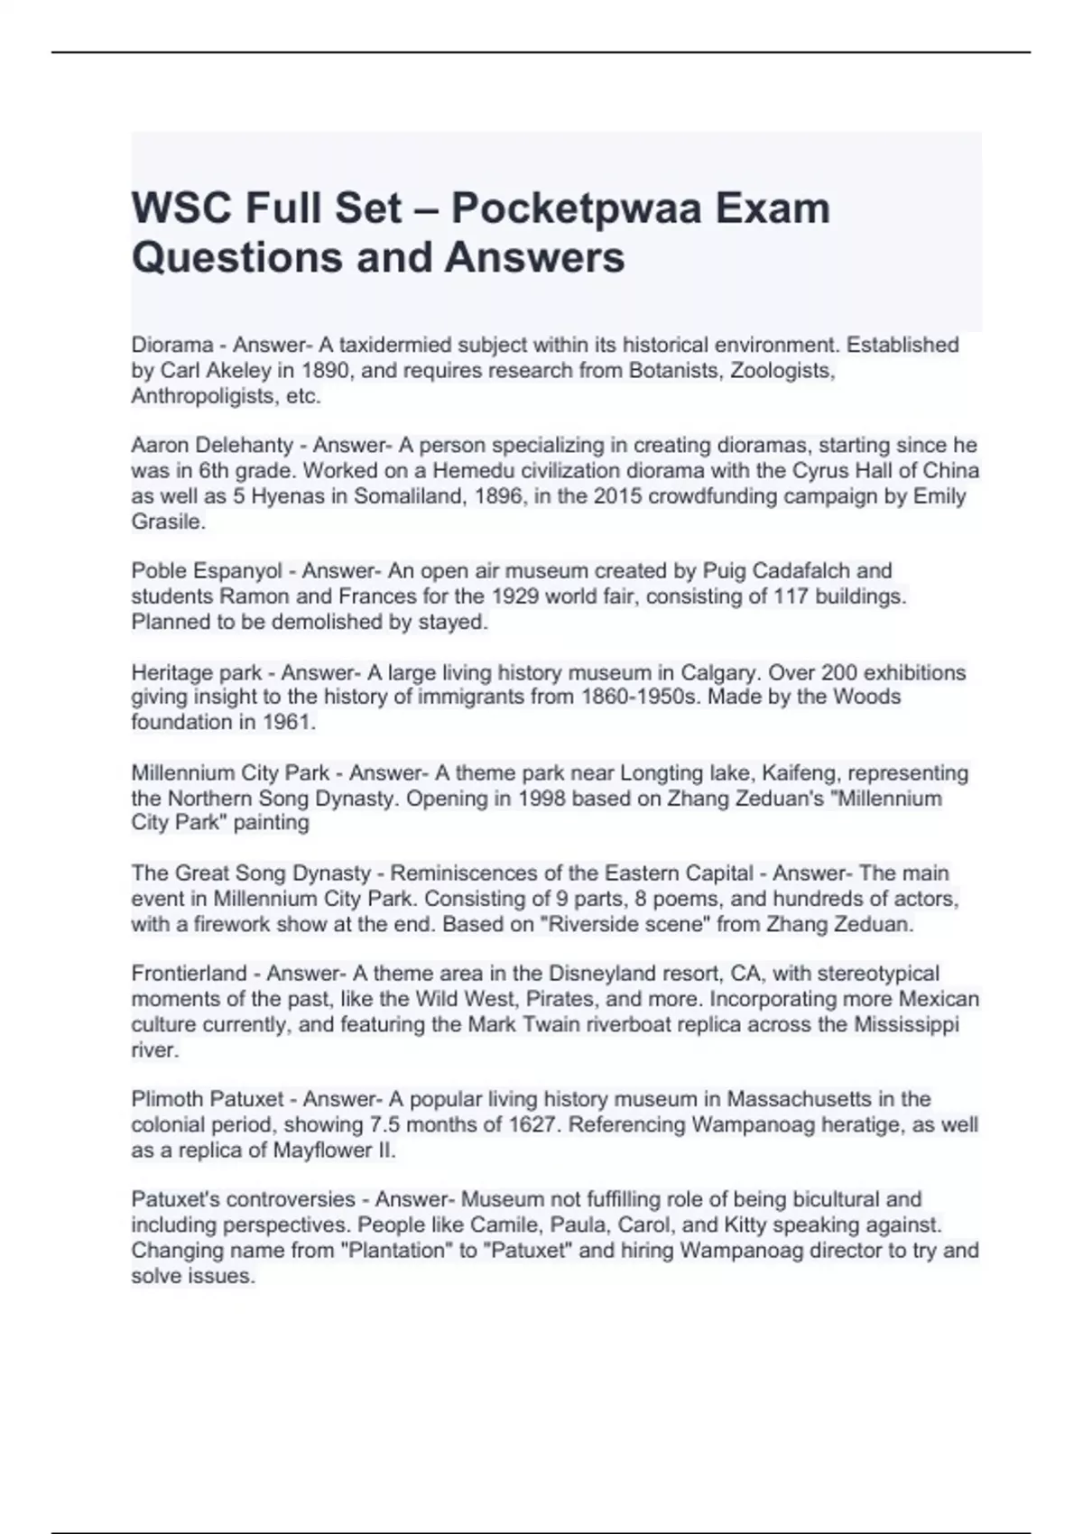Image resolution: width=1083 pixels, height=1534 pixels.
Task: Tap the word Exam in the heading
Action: pyautogui.click(x=773, y=209)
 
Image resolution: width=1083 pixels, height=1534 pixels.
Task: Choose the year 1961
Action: pyautogui.click(x=289, y=722)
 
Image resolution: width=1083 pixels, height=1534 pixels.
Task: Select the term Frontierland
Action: pyautogui.click(x=189, y=974)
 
